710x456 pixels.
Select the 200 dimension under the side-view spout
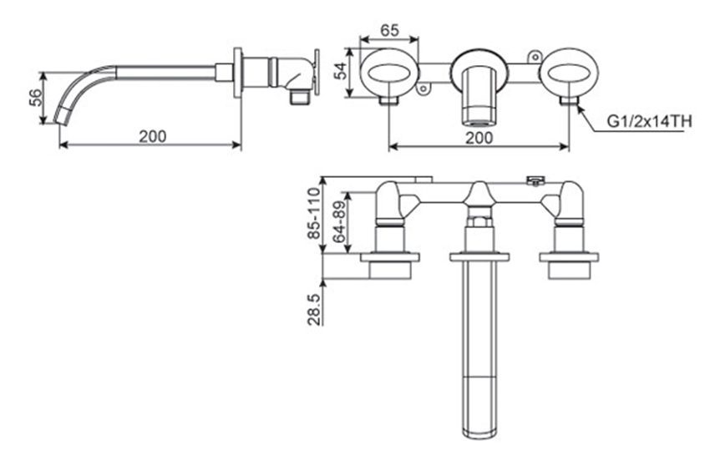(152, 135)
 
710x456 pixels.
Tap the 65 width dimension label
(389, 28)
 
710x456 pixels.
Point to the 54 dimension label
(341, 71)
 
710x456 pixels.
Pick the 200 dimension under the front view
(477, 138)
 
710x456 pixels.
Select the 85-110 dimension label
(314, 214)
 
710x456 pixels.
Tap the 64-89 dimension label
(339, 221)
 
